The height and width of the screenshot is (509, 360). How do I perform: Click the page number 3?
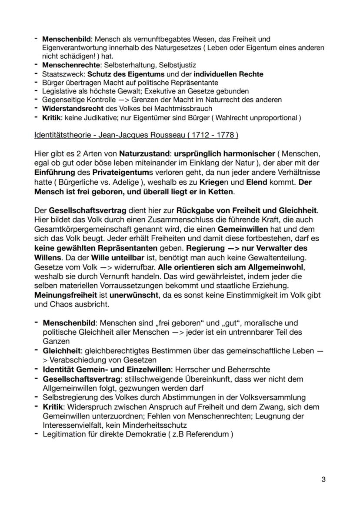coord(323,480)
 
